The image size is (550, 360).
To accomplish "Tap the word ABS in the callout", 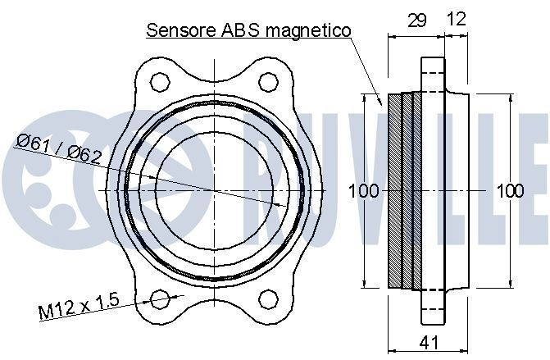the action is click(x=240, y=30).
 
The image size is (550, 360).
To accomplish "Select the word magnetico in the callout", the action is click(x=308, y=31).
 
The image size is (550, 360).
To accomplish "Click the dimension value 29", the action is click(x=417, y=21).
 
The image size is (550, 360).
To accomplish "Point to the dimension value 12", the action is click(x=457, y=19).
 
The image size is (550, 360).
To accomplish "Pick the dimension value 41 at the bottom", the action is click(x=429, y=342).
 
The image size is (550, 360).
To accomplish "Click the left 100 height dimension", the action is click(x=364, y=191).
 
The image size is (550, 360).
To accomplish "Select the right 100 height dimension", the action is click(x=511, y=191).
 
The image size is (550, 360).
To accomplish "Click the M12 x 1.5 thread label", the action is click(x=80, y=306).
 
